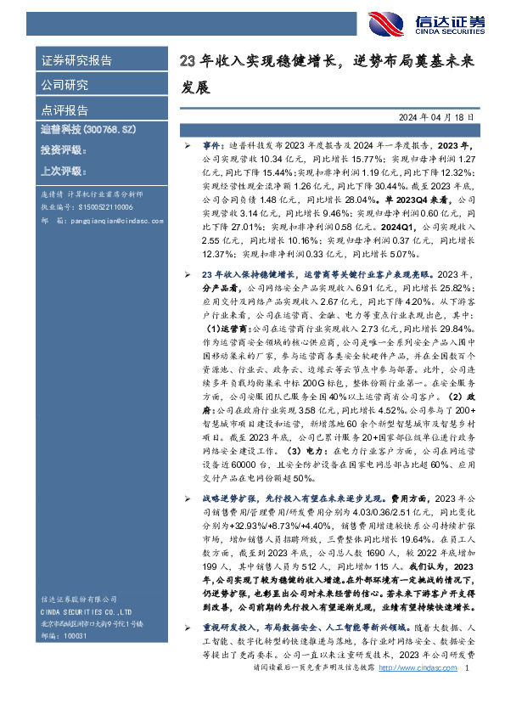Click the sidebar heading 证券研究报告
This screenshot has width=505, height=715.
(x=76, y=60)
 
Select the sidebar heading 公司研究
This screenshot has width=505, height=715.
(x=65, y=85)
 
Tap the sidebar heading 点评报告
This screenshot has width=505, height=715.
(x=65, y=110)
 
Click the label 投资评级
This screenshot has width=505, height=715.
(x=63, y=150)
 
